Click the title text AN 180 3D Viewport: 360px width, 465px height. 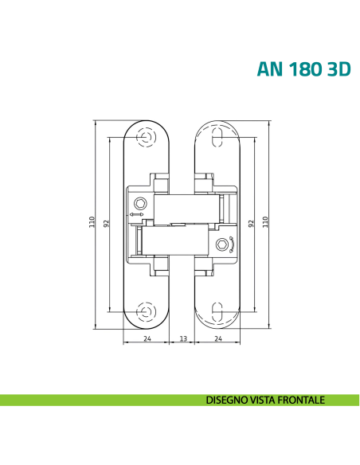[x=303, y=69]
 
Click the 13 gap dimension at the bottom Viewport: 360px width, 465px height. [x=183, y=338]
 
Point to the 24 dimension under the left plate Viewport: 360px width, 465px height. [x=147, y=338]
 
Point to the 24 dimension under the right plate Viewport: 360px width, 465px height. [x=218, y=338]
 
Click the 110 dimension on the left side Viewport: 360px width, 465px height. [x=92, y=222]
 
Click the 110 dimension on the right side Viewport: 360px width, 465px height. [x=265, y=222]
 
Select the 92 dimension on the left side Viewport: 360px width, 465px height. [x=106, y=223]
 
